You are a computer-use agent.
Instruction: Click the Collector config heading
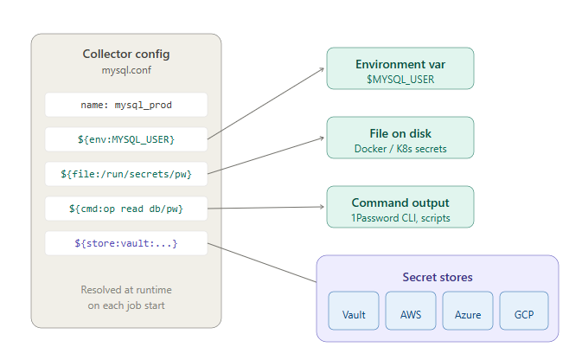pyautogui.click(x=126, y=54)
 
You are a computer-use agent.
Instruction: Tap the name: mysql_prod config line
pyautogui.click(x=126, y=105)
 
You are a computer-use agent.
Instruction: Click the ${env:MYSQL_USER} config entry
pyautogui.click(x=126, y=139)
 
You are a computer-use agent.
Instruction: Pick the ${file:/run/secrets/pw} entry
pyautogui.click(x=126, y=174)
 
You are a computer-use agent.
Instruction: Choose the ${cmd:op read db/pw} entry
pyautogui.click(x=126, y=209)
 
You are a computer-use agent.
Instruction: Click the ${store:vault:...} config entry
pyautogui.click(x=126, y=243)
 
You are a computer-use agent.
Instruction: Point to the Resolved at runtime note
pyautogui.click(x=126, y=297)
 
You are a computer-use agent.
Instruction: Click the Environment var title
pyautogui.click(x=400, y=64)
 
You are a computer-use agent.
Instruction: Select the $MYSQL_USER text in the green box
pyautogui.click(x=400, y=80)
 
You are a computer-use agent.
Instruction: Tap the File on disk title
pyautogui.click(x=400, y=133)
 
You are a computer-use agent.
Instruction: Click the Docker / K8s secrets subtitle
pyautogui.click(x=400, y=149)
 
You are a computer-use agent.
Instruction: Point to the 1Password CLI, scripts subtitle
pyautogui.click(x=400, y=218)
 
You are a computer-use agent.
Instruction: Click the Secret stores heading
pyautogui.click(x=437, y=278)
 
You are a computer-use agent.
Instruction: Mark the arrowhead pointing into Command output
pyautogui.click(x=322, y=207)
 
